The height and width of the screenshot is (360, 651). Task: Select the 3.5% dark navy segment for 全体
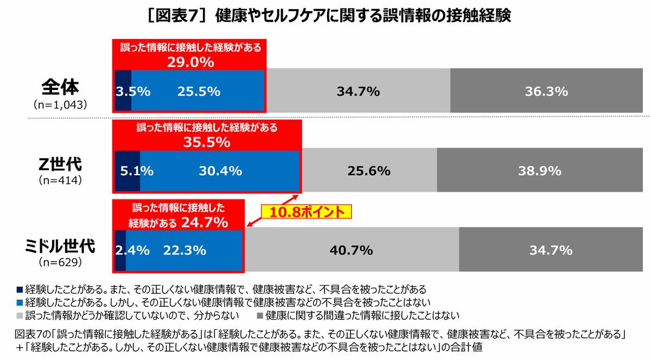(123, 91)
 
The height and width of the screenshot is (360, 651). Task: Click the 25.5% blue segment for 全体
(199, 91)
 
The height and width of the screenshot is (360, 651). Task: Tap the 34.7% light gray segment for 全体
(358, 91)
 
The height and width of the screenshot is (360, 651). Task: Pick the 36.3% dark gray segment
(546, 91)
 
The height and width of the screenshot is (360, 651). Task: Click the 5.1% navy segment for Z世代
(127, 171)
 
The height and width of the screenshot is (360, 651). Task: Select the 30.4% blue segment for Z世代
(220, 171)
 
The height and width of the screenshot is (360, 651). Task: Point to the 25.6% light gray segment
(369, 171)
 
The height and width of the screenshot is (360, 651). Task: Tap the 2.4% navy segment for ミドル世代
(120, 250)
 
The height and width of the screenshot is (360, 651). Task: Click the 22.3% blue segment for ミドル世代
(184, 250)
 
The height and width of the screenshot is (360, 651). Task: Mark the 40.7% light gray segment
(351, 250)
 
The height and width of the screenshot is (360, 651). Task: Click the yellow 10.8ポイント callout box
(307, 211)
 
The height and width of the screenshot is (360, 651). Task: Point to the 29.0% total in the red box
(189, 62)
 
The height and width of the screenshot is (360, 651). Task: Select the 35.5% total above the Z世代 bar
(207, 143)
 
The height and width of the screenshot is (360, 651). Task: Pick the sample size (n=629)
(60, 262)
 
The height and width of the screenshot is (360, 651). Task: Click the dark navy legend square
(20, 288)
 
